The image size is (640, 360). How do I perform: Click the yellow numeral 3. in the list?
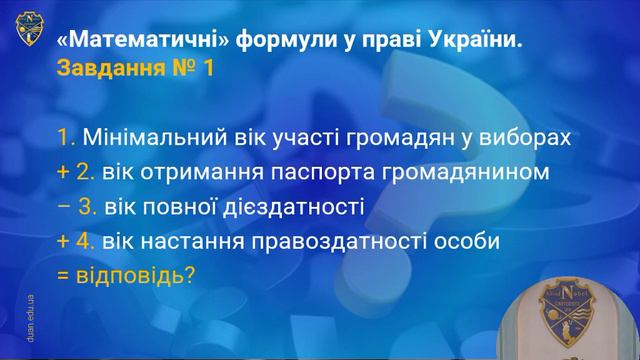[87, 207]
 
